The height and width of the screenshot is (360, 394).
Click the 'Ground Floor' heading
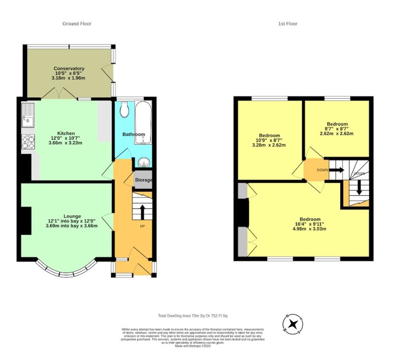[77, 24]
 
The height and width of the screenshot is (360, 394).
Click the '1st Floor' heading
[288, 24]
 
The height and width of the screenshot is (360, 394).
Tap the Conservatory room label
[69, 68]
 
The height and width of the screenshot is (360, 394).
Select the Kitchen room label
[66, 133]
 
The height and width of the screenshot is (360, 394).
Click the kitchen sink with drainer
[28, 115]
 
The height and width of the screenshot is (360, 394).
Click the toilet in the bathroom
[124, 110]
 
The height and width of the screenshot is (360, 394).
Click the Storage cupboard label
[143, 180]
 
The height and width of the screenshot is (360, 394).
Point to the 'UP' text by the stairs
[142, 226]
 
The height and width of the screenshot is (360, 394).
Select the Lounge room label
[72, 216]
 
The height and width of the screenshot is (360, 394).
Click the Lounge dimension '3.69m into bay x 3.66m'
[72, 226]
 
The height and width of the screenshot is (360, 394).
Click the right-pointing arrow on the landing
[337, 170]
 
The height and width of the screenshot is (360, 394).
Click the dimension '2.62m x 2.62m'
[337, 133]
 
